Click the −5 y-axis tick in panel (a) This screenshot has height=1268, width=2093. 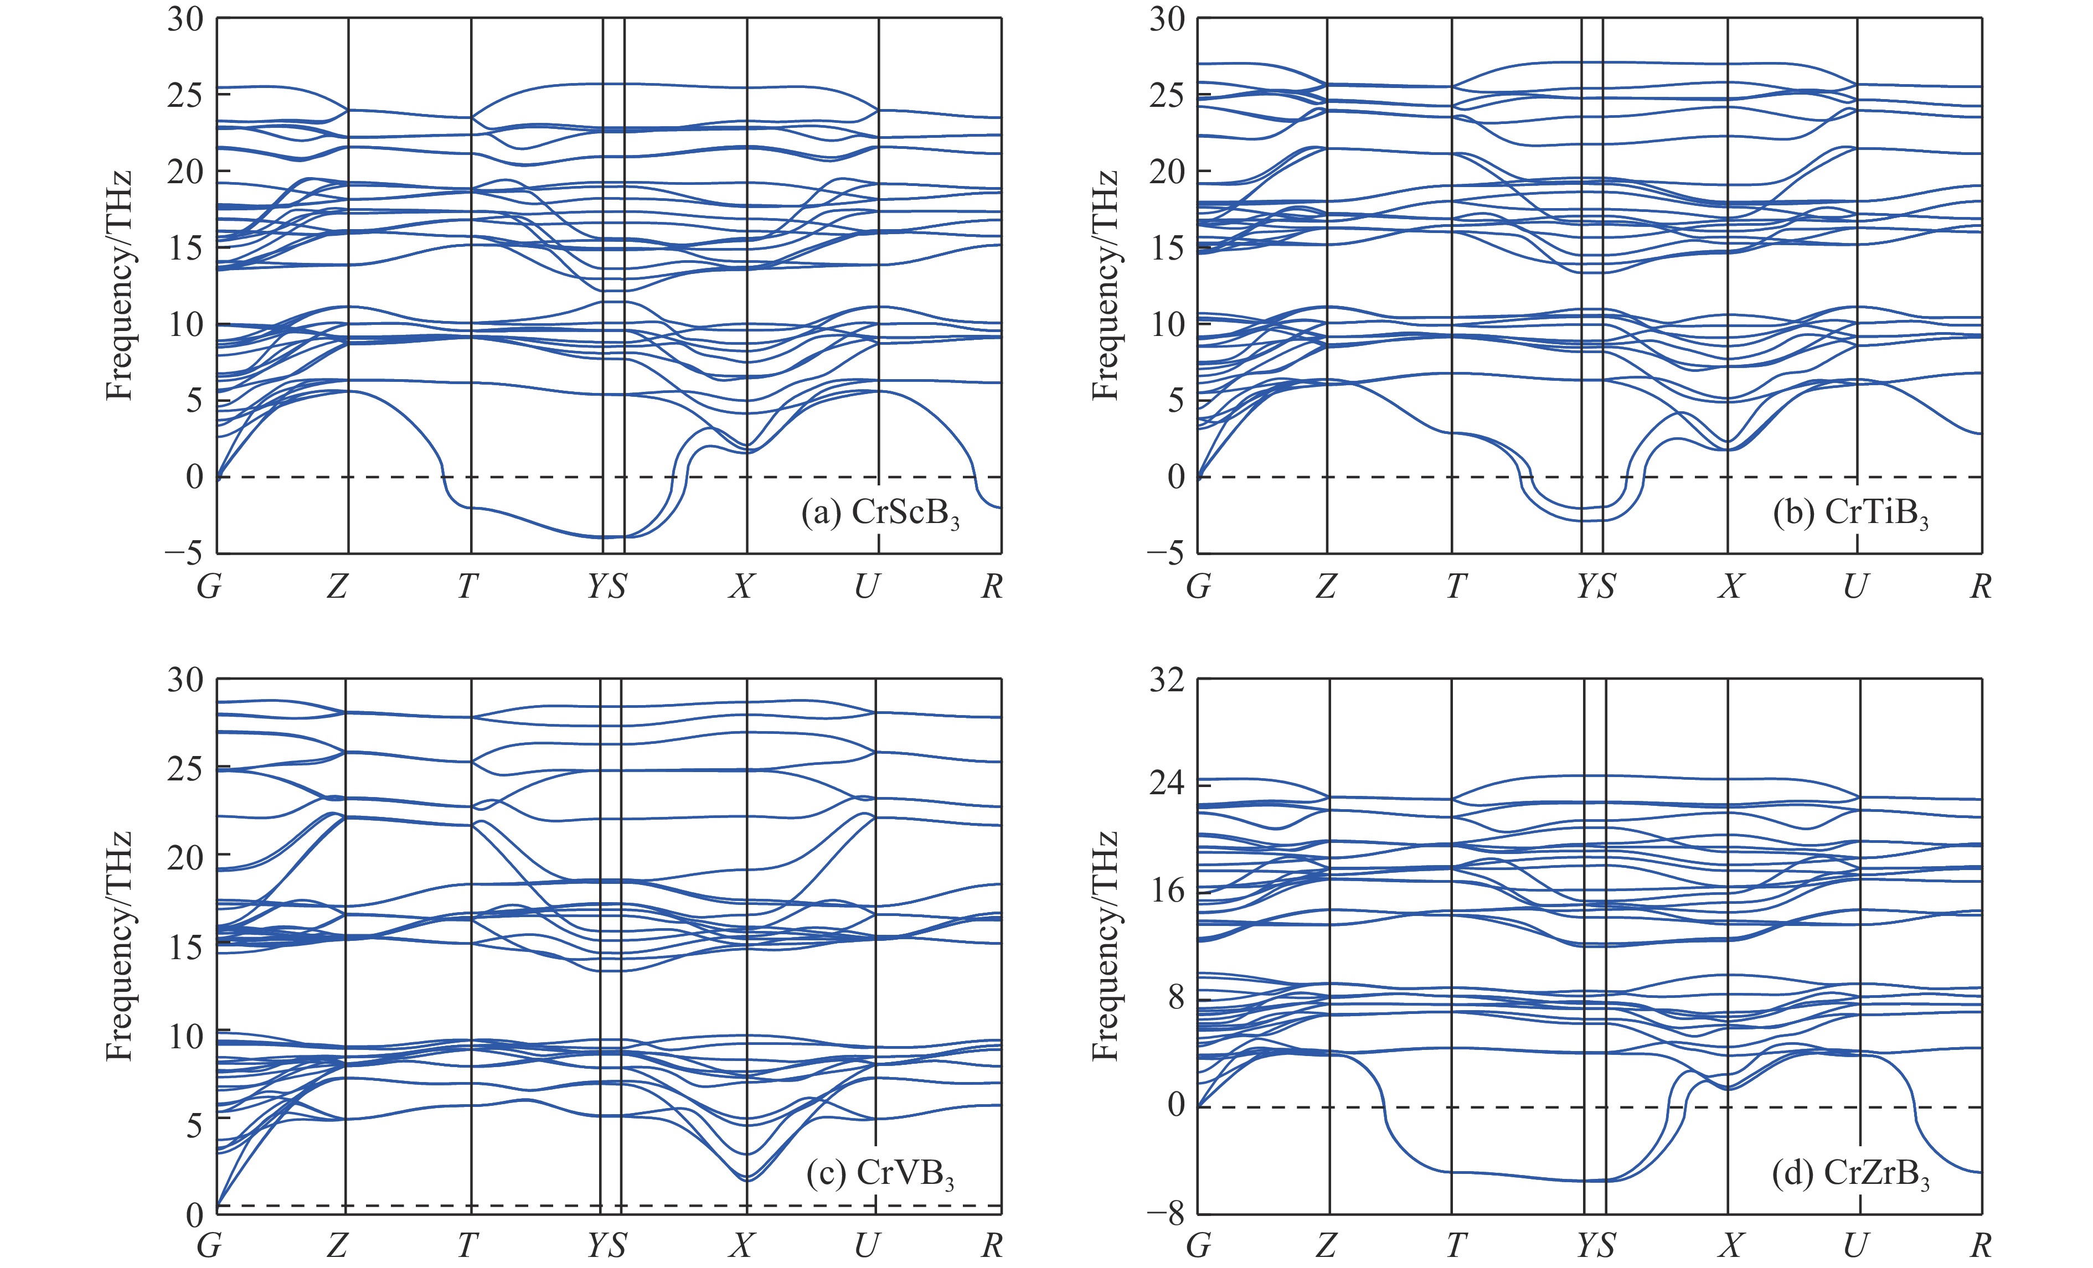click(x=184, y=553)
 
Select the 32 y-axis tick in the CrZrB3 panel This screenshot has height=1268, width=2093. click(x=1166, y=680)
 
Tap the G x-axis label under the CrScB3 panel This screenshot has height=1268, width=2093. click(x=209, y=586)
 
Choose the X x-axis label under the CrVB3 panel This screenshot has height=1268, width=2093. click(x=741, y=1246)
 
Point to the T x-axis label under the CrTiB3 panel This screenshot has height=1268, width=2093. click(x=1456, y=586)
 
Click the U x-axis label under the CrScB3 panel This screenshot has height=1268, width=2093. click(x=867, y=586)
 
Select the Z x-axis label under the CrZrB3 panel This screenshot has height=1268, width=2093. click(x=1326, y=1246)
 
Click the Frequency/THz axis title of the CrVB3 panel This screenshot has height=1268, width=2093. click(x=120, y=946)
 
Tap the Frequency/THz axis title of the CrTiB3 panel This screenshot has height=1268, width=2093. click(x=1104, y=286)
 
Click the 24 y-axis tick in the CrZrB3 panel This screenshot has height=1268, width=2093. click(x=1166, y=782)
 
